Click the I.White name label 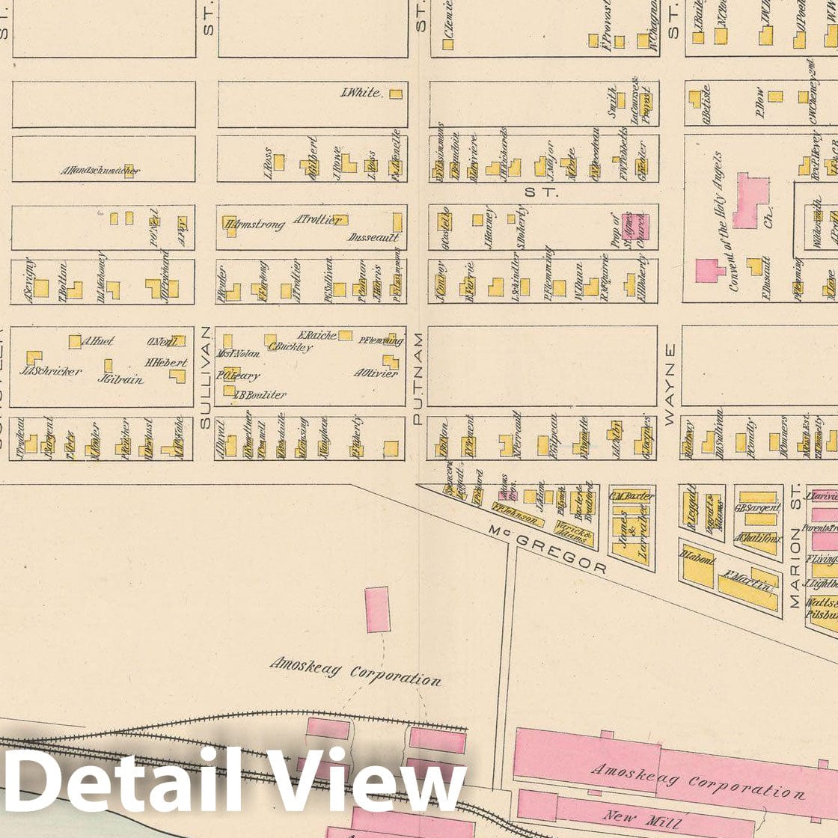point(361,94)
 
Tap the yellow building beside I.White point(395,94)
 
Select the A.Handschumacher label point(100,171)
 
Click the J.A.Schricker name point(52,371)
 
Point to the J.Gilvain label point(120,379)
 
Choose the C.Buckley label point(290,347)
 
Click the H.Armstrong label point(254,224)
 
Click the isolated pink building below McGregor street point(378,609)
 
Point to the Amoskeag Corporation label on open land point(355,670)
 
